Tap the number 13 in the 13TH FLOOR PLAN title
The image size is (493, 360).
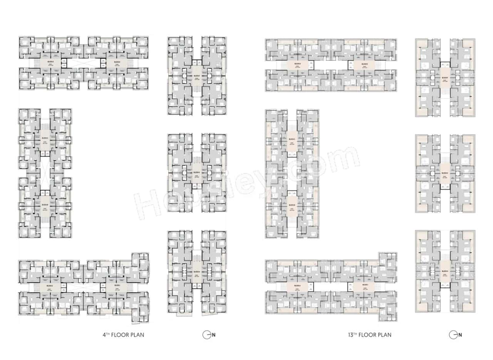[x=349, y=335]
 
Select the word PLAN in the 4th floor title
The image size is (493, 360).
[x=137, y=335]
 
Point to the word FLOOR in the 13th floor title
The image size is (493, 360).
[x=369, y=335]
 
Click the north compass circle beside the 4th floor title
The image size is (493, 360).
[x=206, y=335]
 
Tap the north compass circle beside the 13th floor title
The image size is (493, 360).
[x=453, y=335]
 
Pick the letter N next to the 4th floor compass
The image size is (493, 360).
[x=213, y=335]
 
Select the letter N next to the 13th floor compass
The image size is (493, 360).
[x=460, y=335]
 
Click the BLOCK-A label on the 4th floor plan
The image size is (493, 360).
[x=50, y=286]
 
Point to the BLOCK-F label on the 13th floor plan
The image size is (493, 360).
[x=445, y=77]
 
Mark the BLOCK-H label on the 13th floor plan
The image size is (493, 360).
[x=445, y=271]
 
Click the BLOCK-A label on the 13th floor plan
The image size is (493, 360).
[x=297, y=286]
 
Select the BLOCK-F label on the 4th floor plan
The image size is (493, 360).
[x=197, y=76]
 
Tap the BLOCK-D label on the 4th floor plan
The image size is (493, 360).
[x=50, y=61]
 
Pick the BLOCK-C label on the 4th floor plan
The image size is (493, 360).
[x=45, y=138]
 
